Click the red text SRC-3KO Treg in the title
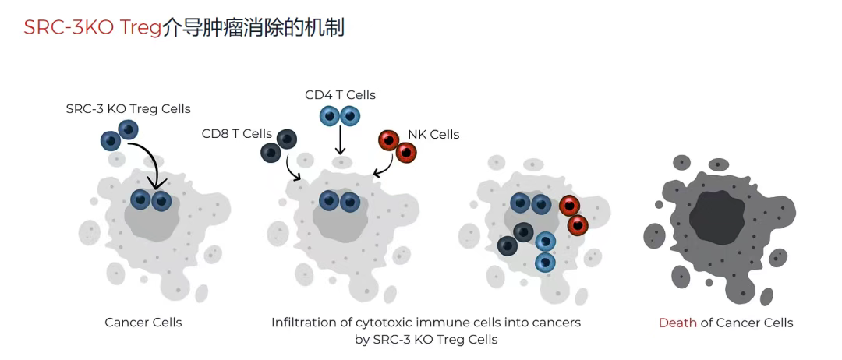[x=92, y=27]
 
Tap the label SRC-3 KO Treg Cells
[x=129, y=108]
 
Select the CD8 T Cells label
[x=237, y=133]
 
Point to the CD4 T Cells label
[x=340, y=94]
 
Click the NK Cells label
[x=433, y=134]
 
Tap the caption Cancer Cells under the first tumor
[x=143, y=322]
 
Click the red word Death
[x=677, y=322]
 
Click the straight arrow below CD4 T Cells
[x=340, y=142]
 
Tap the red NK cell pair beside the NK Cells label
[x=397, y=146]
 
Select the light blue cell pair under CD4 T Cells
[x=340, y=116]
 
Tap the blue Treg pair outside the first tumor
[x=119, y=135]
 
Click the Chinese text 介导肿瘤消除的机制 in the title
[x=253, y=27]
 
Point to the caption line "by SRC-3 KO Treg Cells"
[x=426, y=339]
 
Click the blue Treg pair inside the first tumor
[x=151, y=200]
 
